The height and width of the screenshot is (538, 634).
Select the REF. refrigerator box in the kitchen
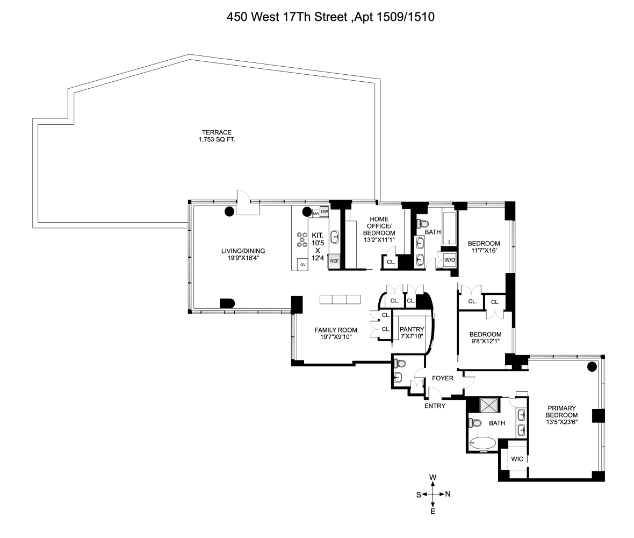(334, 261)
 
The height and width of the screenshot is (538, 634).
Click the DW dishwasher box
(324, 211)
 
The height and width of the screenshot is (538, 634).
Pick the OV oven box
(302, 264)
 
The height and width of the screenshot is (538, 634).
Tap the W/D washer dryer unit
(449, 260)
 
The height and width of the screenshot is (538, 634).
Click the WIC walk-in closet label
(517, 459)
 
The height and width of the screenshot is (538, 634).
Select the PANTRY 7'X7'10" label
(412, 333)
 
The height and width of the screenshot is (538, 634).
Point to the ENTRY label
(435, 406)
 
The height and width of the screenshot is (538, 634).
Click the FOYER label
(443, 378)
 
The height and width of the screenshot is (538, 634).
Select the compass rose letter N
(448, 494)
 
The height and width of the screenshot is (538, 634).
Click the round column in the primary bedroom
(592, 367)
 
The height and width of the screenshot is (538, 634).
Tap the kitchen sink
(335, 236)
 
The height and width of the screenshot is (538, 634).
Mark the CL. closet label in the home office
(391, 263)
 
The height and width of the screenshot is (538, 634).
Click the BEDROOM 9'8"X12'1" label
(485, 337)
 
